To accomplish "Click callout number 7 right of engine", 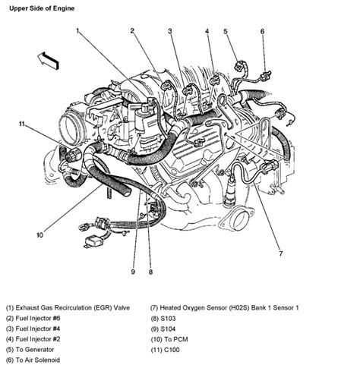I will click(x=280, y=253).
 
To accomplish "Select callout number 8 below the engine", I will click(x=150, y=271).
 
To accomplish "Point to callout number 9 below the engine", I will click(x=132, y=271).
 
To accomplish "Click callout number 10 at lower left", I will click(x=39, y=235).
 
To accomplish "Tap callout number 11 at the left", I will click(x=23, y=123).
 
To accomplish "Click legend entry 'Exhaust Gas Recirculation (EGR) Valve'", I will click(x=72, y=307).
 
